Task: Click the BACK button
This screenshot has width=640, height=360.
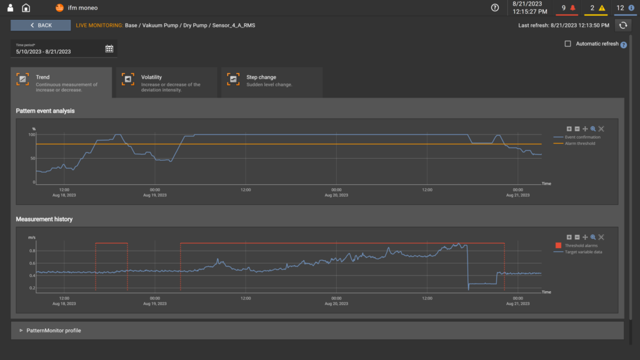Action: tap(41, 25)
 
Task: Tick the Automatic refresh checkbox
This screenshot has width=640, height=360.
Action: tap(567, 44)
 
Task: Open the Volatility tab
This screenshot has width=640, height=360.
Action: tap(166, 82)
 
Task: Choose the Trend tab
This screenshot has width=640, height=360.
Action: tap(61, 82)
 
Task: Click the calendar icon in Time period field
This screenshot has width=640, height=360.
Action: tap(109, 49)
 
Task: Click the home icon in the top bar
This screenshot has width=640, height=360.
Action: tap(26, 8)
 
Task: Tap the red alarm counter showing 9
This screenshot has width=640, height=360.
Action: tap(567, 8)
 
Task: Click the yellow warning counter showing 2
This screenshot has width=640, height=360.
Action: tap(597, 8)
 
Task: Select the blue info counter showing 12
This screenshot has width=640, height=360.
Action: tap(624, 8)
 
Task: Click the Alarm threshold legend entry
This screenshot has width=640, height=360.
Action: tap(579, 143)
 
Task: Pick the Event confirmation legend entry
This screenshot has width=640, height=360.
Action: tap(582, 137)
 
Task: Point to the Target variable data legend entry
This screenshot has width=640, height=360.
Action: tap(583, 252)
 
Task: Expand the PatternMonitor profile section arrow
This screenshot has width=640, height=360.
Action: tap(21, 330)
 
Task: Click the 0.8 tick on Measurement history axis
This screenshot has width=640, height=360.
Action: tap(31, 251)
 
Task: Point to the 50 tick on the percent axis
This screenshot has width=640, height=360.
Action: tap(32, 158)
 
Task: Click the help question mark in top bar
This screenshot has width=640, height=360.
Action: tap(495, 8)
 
